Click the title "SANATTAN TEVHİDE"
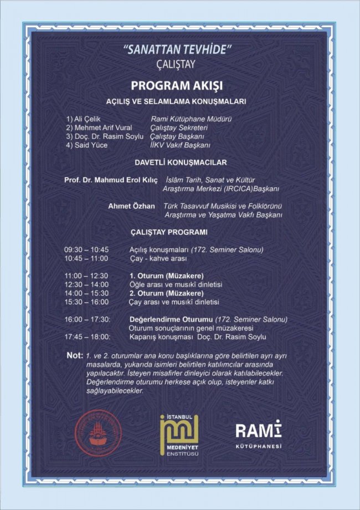pos(180,50)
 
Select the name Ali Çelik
pos(83,119)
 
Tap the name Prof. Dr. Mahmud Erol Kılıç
pos(111,181)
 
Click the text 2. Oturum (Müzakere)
pos(166,293)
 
